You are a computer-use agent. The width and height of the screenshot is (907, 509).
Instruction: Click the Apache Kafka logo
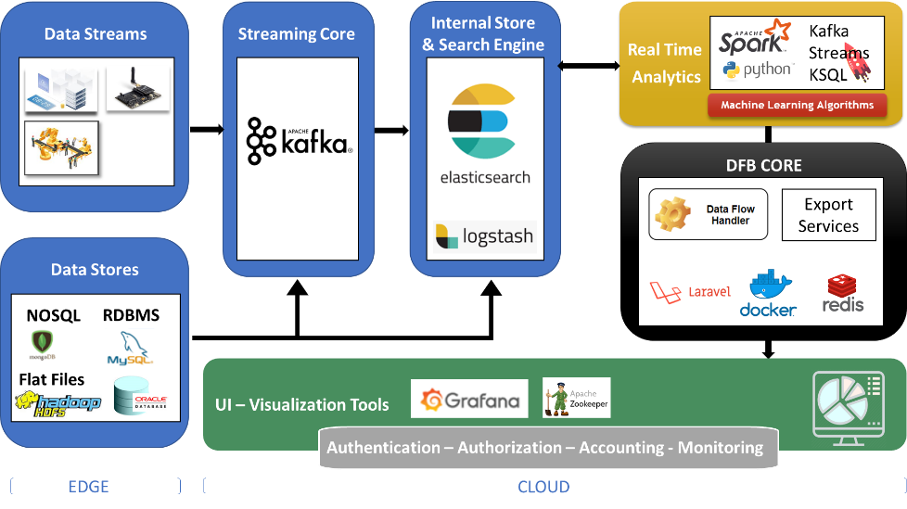pos(298,141)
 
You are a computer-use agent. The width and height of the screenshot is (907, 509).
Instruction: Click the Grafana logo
pos(469,400)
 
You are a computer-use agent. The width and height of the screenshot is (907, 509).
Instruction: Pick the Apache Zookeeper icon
pos(576,398)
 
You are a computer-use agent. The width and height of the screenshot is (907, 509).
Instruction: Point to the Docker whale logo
pos(768,294)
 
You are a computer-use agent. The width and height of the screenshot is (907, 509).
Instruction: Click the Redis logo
pos(843,294)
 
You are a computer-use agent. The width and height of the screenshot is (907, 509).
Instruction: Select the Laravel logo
pos(690,291)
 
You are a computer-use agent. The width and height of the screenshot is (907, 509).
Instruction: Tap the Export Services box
pos(828,215)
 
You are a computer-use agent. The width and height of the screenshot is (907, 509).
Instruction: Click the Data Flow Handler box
pos(709,215)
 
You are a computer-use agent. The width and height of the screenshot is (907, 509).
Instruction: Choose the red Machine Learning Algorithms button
pos(797,105)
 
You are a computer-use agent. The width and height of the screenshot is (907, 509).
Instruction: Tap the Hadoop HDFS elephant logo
pos(57,403)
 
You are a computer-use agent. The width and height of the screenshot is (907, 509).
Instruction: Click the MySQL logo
pos(129,350)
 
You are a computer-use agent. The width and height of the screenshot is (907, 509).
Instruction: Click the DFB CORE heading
pos(763,166)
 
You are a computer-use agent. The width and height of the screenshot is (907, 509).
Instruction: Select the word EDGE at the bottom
pos(88,486)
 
